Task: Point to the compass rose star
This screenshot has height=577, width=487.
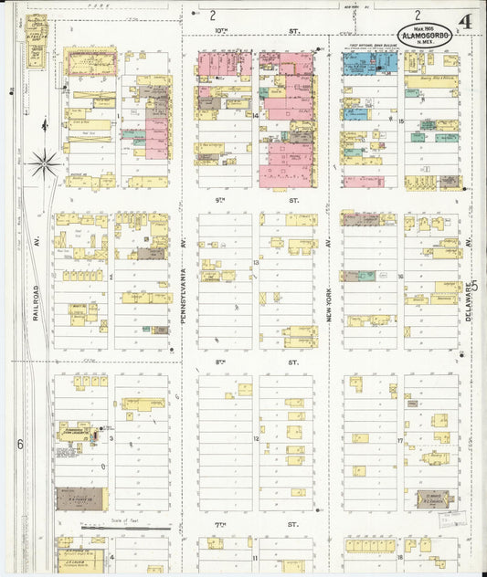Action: pos(43,164)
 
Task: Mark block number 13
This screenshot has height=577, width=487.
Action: pos(257,263)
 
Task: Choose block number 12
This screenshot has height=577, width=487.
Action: pos(257,439)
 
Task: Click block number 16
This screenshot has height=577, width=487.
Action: pos(400,275)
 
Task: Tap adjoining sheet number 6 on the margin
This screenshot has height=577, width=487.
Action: pos(18,445)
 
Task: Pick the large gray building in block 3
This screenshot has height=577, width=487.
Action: pos(80,498)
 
